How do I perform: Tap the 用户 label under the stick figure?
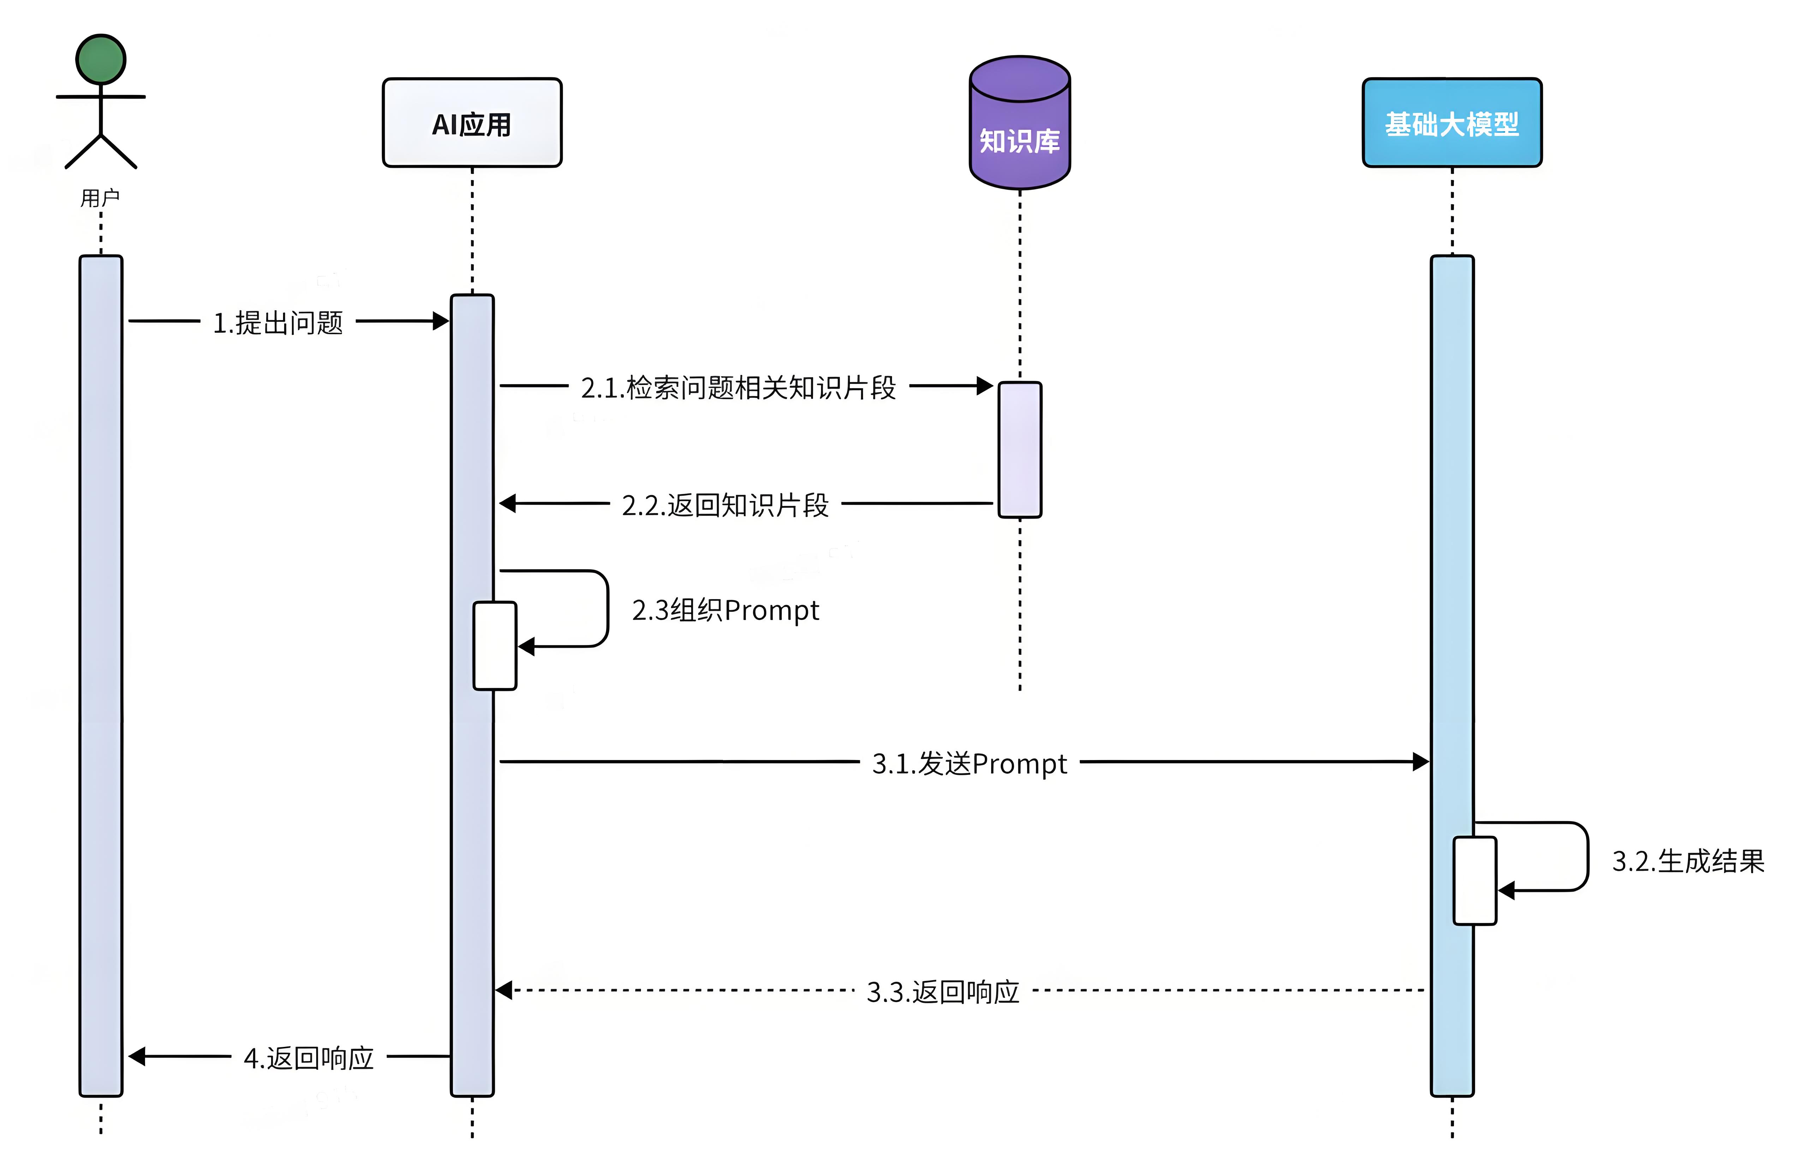100,198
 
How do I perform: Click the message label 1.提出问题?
278,323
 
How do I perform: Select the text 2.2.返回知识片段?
724,505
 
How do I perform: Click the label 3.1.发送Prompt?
969,763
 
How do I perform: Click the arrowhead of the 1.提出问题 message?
441,321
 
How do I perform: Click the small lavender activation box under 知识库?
1019,450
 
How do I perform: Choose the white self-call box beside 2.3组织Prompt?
494,646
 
